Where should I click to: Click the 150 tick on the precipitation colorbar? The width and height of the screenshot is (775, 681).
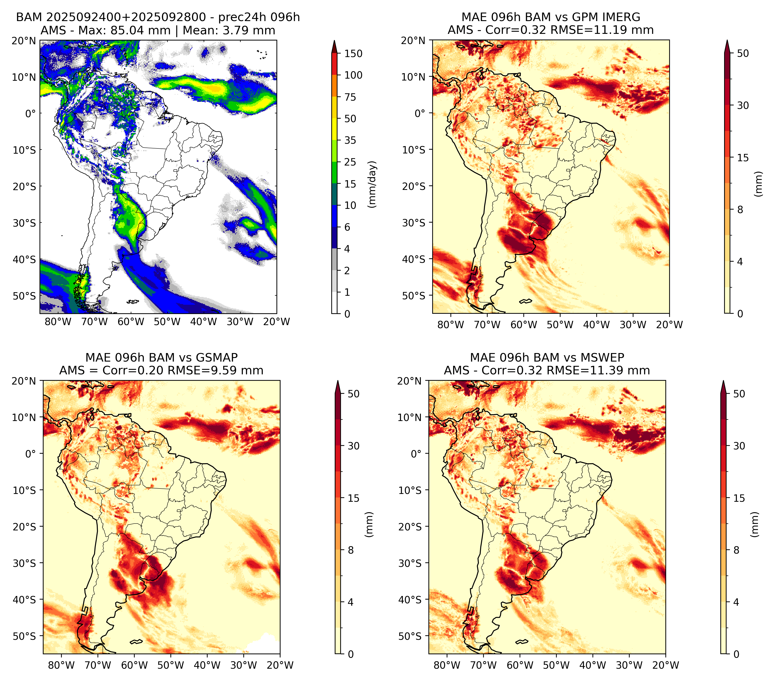pos(353,54)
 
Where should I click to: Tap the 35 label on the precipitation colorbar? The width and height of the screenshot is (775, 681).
pos(350,140)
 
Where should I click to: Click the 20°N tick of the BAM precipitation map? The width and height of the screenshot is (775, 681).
pos(23,40)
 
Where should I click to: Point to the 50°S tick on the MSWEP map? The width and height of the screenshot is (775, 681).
pos(410,636)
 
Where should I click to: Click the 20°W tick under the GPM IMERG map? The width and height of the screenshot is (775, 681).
pos(669,325)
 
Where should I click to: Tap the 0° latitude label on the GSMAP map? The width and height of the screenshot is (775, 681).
pos(30,453)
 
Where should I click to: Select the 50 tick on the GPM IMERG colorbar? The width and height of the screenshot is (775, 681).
pos(743,54)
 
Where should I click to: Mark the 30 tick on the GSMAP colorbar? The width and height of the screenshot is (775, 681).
pos(353,446)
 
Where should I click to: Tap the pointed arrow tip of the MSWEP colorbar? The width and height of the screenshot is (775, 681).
pos(723,381)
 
